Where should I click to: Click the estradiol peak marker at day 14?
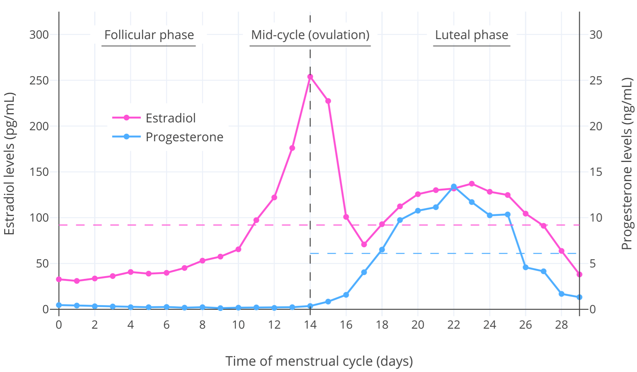coord(310,77)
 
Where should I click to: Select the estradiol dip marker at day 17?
coord(364,244)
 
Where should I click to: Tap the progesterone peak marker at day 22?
coord(454,186)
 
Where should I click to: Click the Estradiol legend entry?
coord(170,118)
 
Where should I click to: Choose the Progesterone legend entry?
coord(184,137)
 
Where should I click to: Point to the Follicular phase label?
coord(149,35)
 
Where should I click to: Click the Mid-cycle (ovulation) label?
coord(310,35)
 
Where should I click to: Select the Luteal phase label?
coord(471,35)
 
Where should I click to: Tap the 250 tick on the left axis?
coord(39,80)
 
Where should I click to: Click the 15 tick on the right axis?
coord(596,172)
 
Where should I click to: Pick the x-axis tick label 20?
coord(418,325)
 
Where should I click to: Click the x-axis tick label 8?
coord(202,325)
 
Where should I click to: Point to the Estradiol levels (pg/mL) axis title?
coord(10,163)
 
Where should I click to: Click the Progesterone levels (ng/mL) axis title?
coord(627,163)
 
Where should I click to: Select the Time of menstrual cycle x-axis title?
coord(319,361)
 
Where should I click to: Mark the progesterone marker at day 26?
coord(526,267)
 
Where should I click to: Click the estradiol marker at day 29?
coord(579,274)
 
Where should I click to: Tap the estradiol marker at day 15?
coord(328,101)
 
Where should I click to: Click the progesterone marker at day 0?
coord(59,305)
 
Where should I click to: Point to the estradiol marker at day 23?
coord(472,184)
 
